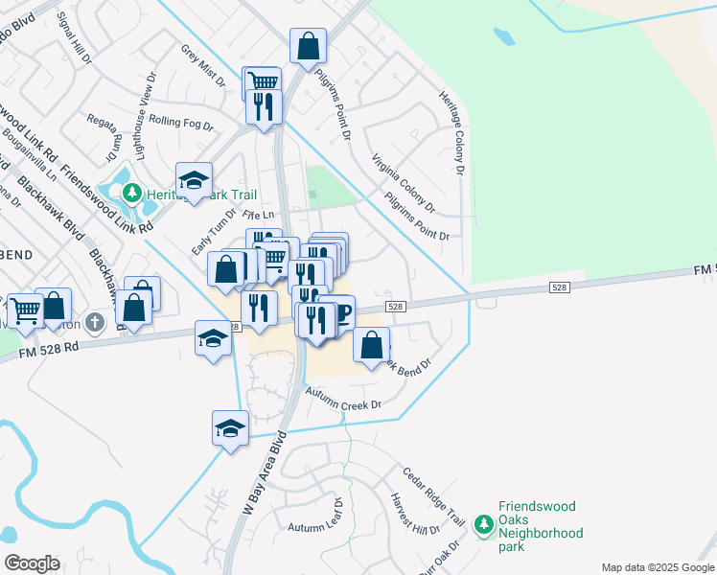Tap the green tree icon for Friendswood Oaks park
click(485, 525)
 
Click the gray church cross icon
click(94, 322)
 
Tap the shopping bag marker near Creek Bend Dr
click(372, 345)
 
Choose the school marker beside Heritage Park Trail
click(193, 180)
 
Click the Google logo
click(32, 563)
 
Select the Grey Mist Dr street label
click(202, 65)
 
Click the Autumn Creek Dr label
click(342, 400)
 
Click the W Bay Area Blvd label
click(264, 480)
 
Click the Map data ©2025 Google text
click(657, 567)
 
